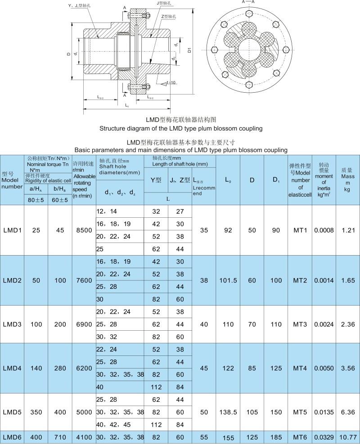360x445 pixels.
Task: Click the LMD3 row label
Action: coord(12,324)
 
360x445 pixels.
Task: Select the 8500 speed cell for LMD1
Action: coord(83,230)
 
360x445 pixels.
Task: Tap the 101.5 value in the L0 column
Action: coord(228,280)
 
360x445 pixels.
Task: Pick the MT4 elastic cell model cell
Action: coord(300,368)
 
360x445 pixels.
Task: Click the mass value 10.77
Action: coord(347,436)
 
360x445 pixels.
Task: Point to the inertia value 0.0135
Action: coord(324,412)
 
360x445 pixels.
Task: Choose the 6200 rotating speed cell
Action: coord(83,368)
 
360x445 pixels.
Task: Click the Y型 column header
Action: coord(156,180)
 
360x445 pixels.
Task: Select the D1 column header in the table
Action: coord(275,180)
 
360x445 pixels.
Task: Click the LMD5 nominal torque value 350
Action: coord(36,412)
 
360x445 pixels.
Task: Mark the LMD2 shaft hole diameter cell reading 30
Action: coord(100,299)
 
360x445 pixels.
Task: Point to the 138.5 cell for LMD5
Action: coord(228,412)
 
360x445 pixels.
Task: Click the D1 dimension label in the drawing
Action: coord(189,50)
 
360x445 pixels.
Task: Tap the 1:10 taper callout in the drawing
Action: coord(171,83)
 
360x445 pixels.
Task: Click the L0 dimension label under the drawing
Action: coord(127,105)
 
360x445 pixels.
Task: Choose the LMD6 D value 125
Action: coord(252,436)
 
